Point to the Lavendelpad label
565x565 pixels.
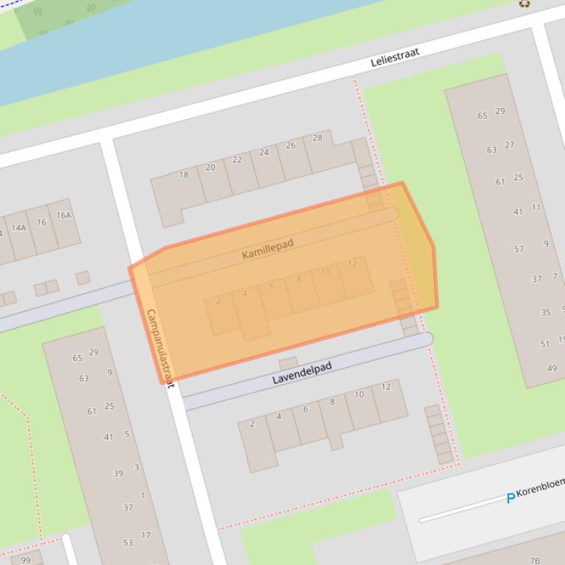click(302, 373)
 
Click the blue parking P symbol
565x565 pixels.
click(511, 498)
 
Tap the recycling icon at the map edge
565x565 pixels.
click(525, 4)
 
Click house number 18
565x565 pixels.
click(184, 175)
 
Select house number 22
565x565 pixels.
click(237, 160)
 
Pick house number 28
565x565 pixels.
click(317, 138)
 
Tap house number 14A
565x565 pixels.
click(18, 227)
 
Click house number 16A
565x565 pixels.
click(64, 215)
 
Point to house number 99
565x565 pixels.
click(26, 560)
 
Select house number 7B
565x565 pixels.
click(535, 560)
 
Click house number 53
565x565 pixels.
click(128, 543)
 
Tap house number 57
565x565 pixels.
click(519, 249)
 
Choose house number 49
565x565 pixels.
click(552, 368)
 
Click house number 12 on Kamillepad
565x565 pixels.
click(353, 264)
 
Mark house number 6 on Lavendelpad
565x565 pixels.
click(306, 409)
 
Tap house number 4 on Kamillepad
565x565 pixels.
click(245, 294)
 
